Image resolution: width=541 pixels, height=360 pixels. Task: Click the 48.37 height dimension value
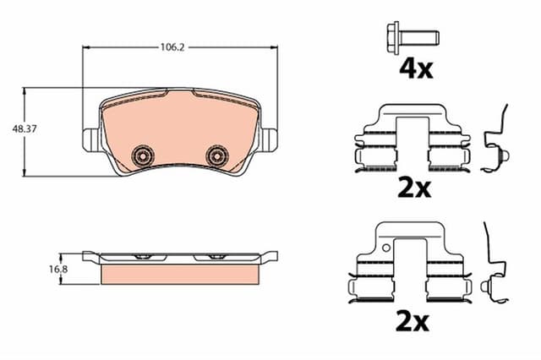[24, 130]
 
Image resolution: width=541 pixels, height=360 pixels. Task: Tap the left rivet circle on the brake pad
[143, 155]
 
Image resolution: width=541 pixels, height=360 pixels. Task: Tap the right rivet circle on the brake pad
[217, 155]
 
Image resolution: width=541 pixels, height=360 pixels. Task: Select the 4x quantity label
[415, 68]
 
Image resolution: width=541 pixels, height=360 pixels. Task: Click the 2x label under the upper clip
[414, 188]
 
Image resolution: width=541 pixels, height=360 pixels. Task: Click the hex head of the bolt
[393, 36]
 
